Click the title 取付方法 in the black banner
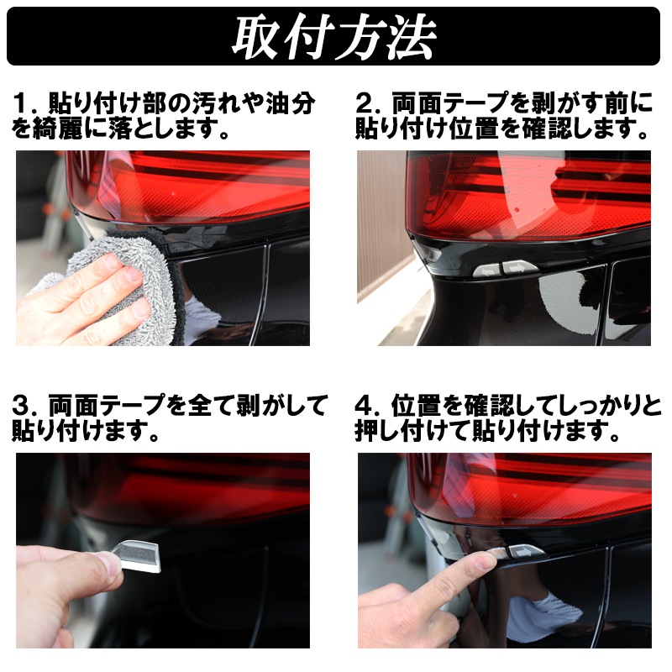(333, 36)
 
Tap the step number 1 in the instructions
(20, 103)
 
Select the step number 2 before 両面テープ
(364, 103)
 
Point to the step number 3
(20, 406)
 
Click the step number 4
(364, 406)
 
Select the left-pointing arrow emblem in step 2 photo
(487, 270)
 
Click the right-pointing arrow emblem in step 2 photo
(519, 268)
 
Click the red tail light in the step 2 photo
(528, 195)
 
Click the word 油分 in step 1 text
(290, 103)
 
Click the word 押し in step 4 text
(380, 431)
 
